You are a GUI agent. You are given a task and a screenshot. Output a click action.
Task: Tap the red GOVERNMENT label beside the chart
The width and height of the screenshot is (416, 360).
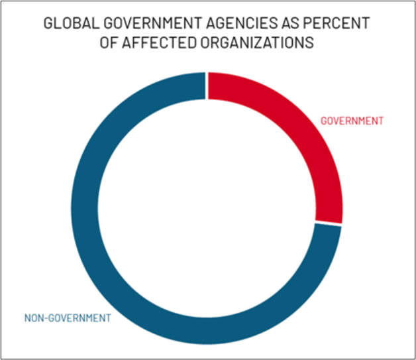(x=352, y=121)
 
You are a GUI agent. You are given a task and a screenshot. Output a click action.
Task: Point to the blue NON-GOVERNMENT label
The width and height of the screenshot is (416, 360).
(x=68, y=318)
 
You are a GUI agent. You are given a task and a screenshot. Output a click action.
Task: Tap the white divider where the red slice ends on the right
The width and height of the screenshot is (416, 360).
(x=329, y=225)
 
